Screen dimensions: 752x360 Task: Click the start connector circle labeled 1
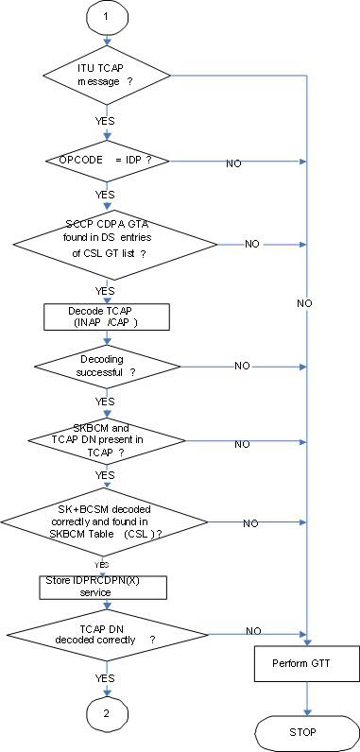[106, 18]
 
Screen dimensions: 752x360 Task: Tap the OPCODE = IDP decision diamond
[106, 162]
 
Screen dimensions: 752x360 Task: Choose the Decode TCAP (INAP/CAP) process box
[106, 316]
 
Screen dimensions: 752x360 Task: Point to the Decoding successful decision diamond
[106, 366]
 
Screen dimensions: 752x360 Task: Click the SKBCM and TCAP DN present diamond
[106, 443]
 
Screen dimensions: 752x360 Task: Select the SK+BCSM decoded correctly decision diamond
[106, 522]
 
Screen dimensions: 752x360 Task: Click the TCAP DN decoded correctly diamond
[106, 631]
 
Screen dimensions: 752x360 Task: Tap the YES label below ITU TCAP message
[106, 121]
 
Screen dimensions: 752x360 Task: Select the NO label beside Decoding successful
[242, 366]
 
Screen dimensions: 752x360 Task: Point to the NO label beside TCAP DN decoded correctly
[252, 630]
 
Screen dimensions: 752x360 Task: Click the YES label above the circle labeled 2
[106, 677]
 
